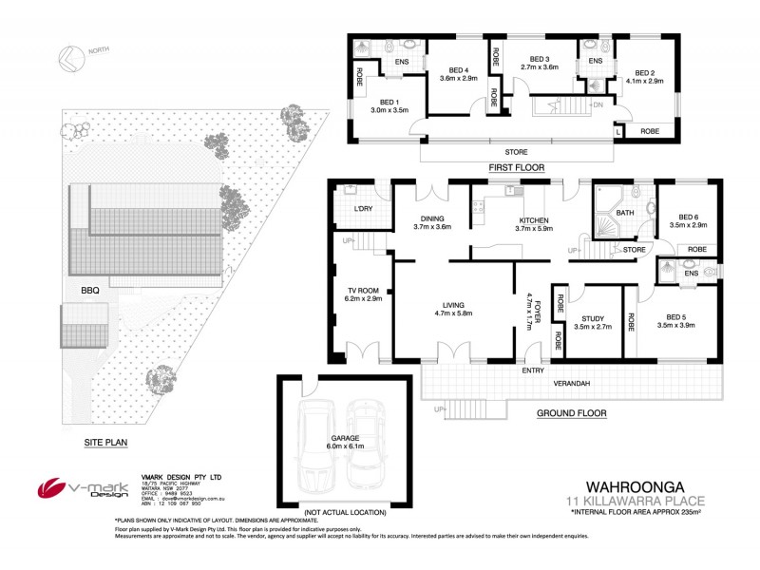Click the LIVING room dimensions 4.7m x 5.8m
point(453,313)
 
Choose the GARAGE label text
point(318,438)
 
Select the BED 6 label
point(675,216)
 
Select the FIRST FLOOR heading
point(515,167)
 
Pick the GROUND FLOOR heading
point(571,413)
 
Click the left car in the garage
point(313,442)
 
